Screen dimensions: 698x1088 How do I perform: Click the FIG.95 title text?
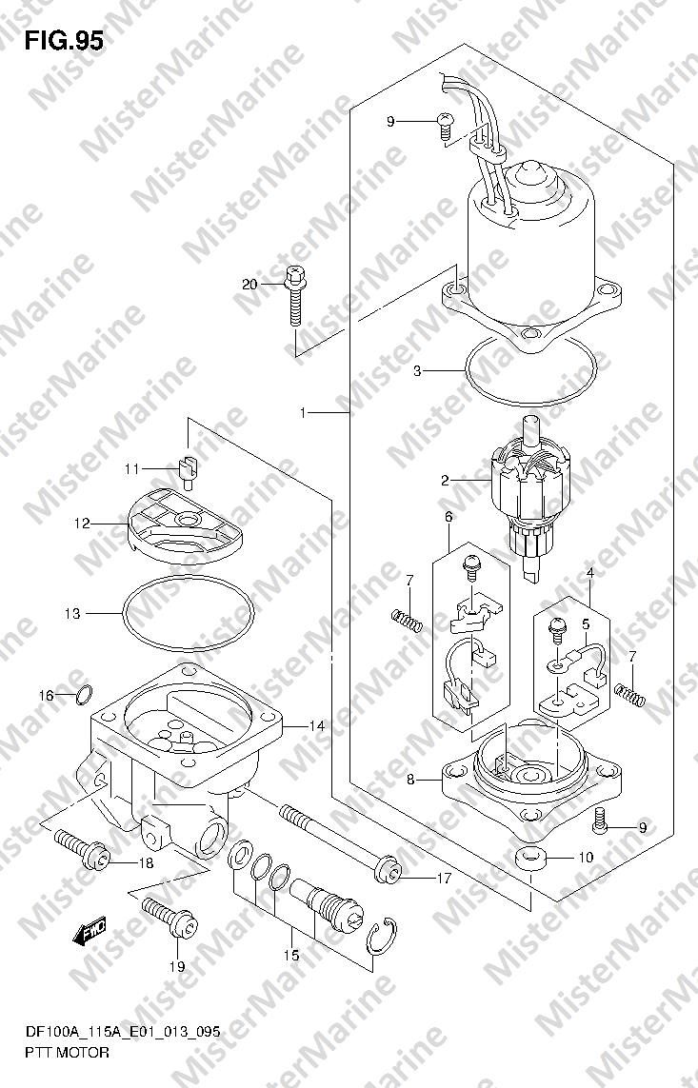[64, 41]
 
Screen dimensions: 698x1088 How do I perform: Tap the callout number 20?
[249, 284]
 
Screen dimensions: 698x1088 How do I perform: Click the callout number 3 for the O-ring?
[417, 371]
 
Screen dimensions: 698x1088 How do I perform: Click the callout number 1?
[303, 413]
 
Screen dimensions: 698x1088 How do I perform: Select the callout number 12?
[82, 524]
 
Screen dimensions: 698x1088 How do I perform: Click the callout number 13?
[72, 613]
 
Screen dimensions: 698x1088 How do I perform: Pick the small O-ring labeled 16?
[83, 693]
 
